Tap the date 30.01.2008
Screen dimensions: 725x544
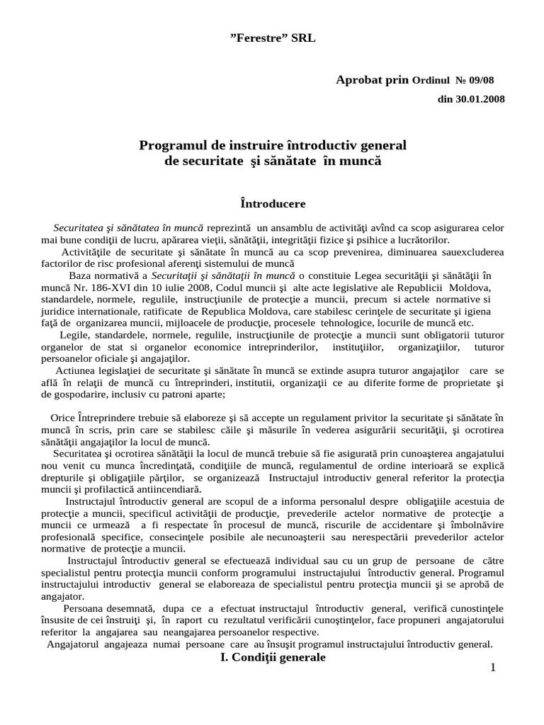tap(480, 99)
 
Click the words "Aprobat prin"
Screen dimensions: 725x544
tap(372, 80)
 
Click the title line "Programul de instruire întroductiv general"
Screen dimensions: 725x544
tap(273, 145)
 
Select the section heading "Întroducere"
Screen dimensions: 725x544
tap(273, 204)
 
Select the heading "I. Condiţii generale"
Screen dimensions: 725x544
tap(273, 657)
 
